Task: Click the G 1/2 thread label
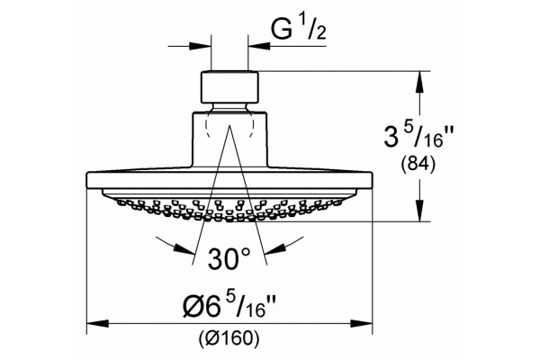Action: click(298, 29)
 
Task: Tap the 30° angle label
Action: click(229, 258)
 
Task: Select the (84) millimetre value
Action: click(418, 165)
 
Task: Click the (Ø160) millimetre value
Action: click(229, 338)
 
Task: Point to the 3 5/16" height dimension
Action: click(418, 137)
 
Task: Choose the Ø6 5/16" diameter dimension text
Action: click(229, 304)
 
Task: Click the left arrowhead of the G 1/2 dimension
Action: click(200, 46)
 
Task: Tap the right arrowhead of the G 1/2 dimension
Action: click(258, 46)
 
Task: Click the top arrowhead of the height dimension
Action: click(419, 82)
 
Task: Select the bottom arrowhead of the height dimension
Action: click(419, 211)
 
